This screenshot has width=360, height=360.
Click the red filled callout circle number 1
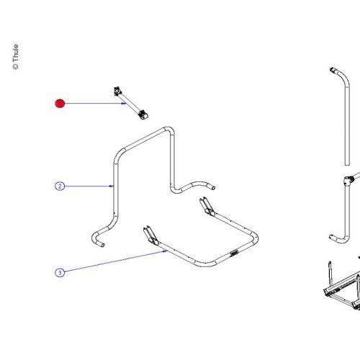60,104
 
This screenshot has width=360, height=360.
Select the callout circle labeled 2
60,186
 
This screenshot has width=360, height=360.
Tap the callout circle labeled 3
60,272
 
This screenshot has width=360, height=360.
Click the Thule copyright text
15,57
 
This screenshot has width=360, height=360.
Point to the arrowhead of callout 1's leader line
124,104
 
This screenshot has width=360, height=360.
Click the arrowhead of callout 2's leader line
112,186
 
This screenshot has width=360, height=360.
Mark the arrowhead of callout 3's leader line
166,251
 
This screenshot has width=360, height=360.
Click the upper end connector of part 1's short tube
117,91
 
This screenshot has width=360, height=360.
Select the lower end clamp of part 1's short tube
143,114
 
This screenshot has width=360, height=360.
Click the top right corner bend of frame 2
169,130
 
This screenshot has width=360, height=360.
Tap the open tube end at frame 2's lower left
102,245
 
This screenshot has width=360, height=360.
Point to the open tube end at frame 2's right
213,187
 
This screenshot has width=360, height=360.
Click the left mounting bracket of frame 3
150,236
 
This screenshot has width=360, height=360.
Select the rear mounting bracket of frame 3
207,207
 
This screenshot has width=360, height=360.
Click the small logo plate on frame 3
234,253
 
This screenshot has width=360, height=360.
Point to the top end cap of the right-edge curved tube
333,71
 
